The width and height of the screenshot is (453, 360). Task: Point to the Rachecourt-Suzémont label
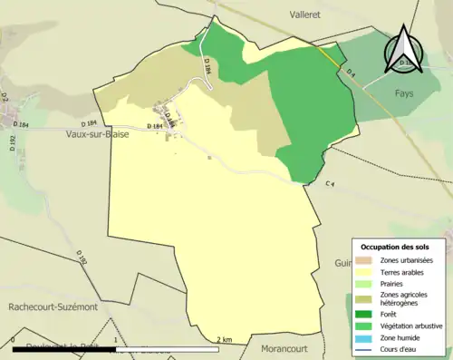tap(52, 307)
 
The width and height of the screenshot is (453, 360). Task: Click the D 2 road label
tap(5, 96)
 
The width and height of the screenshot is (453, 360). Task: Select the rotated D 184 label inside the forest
tap(207, 64)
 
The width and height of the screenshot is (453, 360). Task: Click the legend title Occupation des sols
tap(400, 247)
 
